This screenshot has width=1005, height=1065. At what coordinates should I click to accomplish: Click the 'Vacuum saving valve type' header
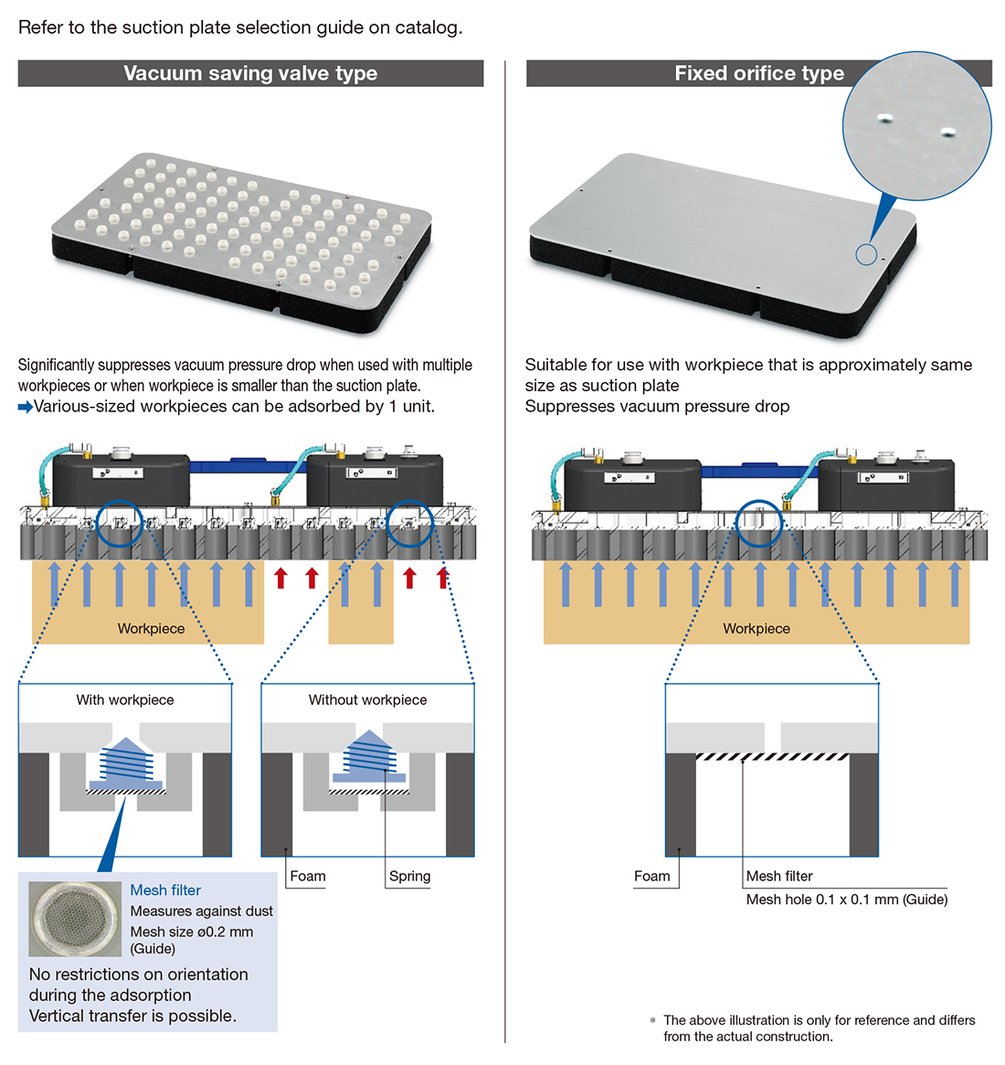point(250,73)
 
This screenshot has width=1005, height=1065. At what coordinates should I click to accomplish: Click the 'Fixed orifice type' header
point(758,73)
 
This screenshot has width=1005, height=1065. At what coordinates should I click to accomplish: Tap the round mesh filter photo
point(75,918)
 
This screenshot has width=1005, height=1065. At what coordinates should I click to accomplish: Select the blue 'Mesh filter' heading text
point(165,890)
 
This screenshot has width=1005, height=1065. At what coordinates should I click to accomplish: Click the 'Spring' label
point(409,876)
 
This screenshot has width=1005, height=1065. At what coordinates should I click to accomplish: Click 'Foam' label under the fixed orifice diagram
point(651,876)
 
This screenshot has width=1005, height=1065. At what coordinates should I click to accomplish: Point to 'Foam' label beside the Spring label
point(307,876)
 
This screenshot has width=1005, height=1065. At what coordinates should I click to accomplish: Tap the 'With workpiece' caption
point(125,699)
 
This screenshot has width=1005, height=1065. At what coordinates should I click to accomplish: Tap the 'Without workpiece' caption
point(367,699)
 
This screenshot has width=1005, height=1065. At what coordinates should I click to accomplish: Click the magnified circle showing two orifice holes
point(916,126)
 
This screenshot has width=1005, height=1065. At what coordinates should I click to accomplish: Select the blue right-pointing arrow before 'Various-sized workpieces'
point(25,407)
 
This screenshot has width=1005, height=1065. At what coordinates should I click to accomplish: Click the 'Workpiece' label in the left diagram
point(151,628)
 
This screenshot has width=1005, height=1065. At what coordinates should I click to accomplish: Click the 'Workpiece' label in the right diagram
point(756,628)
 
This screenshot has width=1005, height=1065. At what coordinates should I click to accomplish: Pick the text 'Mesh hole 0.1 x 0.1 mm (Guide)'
point(846,900)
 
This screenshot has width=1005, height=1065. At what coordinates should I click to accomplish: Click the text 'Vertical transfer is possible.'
point(132,1016)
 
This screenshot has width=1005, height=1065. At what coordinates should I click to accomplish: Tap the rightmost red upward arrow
point(443,578)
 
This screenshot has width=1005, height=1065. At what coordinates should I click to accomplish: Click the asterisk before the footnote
point(652,1021)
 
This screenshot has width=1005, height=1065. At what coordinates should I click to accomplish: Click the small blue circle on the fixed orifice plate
point(866,255)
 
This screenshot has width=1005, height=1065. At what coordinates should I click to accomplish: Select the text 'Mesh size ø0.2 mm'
point(192,932)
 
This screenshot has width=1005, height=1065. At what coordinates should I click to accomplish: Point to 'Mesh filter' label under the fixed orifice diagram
point(778,876)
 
